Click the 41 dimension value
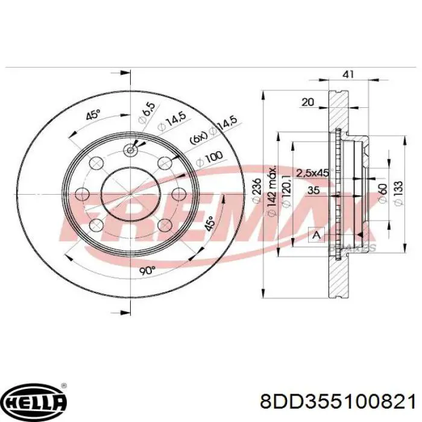[348, 75]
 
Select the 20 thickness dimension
[307, 102]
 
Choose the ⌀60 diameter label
[383, 194]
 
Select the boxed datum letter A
[315, 236]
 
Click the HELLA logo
[34, 400]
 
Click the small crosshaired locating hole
[130, 151]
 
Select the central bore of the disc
[130, 194]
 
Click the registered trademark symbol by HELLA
[64, 386]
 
